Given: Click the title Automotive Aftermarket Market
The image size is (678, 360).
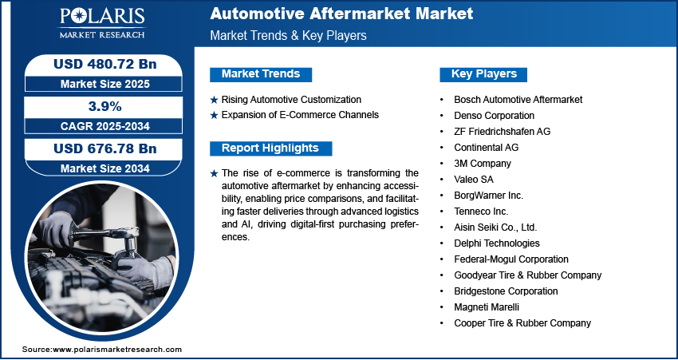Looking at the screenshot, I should (x=341, y=14).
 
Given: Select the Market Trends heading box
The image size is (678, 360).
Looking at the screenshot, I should (x=261, y=74).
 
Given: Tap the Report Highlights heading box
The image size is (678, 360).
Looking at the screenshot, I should (x=270, y=148).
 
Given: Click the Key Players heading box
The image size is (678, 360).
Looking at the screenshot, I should (x=484, y=74).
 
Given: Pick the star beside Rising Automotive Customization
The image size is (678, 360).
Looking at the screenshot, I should (x=213, y=100).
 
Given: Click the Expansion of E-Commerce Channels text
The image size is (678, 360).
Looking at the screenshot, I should (x=300, y=115).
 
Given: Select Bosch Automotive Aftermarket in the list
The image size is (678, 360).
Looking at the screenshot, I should (x=518, y=100).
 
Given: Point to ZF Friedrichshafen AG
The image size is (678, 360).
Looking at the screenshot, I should (x=502, y=131).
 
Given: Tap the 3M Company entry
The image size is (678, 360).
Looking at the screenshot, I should (x=483, y=163).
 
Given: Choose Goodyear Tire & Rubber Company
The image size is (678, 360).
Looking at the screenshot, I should (x=527, y=275).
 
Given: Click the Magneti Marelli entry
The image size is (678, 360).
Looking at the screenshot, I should (x=487, y=307).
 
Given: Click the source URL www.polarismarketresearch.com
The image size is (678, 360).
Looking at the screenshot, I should (x=117, y=350).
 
